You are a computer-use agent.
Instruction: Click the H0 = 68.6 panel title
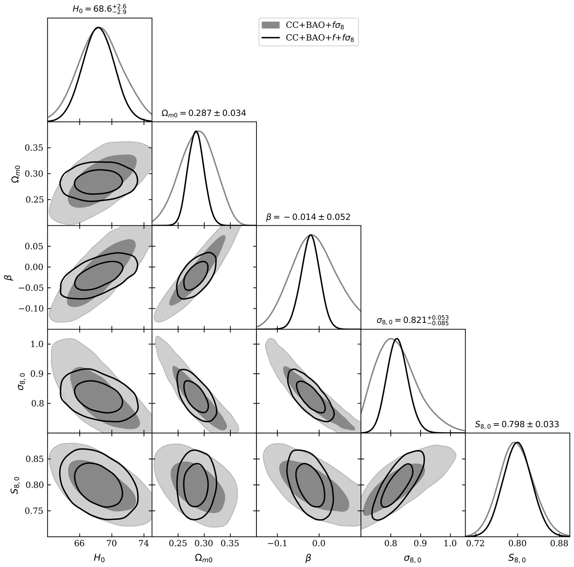pyautogui.click(x=100, y=9)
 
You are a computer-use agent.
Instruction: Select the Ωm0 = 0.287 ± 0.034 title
pyautogui.click(x=204, y=113)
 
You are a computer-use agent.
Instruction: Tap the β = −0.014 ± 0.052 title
pyautogui.click(x=308, y=217)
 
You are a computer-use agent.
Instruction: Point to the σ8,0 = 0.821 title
pyautogui.click(x=412, y=321)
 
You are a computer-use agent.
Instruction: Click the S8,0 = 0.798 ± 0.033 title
pyautogui.click(x=517, y=424)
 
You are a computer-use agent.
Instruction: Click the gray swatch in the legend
pyautogui.click(x=270, y=25)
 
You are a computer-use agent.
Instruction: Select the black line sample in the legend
pyautogui.click(x=270, y=38)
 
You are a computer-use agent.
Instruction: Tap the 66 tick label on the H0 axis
pyautogui.click(x=79, y=544)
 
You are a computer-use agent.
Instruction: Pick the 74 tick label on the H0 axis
pyautogui.click(x=144, y=544)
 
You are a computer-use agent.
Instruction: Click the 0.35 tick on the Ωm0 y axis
pyautogui.click(x=34, y=148)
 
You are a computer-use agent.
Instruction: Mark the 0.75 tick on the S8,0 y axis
pyautogui.click(x=34, y=511)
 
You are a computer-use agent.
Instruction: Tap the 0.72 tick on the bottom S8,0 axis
pyautogui.click(x=475, y=544)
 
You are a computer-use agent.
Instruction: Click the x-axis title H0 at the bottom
pyautogui.click(x=99, y=558)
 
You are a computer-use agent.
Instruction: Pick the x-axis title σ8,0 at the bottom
pyautogui.click(x=412, y=558)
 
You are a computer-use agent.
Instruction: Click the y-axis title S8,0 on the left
pyautogui.click(x=14, y=485)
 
